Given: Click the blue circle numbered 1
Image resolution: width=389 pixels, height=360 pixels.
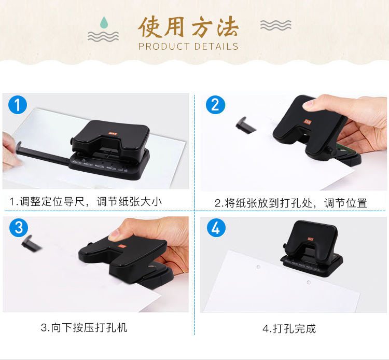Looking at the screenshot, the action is coord(18,105).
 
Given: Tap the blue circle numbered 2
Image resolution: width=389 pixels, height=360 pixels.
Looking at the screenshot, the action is coord(215,105).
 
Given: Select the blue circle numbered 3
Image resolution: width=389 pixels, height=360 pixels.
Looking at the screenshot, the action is coord(19,228).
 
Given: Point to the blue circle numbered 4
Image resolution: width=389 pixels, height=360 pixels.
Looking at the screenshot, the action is coord(216,228).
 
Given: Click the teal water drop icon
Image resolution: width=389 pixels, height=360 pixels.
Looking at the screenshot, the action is coord(104,22).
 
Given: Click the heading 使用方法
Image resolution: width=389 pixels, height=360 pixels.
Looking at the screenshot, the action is coord(188,27).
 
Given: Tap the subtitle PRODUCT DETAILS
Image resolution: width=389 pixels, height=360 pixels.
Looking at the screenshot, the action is coord(188,46).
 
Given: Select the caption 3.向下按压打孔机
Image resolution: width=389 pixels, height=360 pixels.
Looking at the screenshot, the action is coord(84,327).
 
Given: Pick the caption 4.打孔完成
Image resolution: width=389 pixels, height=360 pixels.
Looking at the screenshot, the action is coord(289,328).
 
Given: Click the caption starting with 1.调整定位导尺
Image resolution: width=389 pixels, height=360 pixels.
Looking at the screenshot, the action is coord(86,201).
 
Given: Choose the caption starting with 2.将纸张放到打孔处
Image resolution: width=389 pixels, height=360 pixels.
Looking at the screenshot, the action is coord(291,203).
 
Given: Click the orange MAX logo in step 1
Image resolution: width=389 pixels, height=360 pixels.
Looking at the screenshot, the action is coord(113,133).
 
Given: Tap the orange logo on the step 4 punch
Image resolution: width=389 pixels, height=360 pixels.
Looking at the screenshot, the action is coord(310,239).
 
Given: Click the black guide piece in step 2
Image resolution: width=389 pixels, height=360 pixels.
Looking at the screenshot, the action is coord(245,126).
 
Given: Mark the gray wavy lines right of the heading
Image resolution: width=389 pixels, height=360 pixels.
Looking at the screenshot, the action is coord(275,25).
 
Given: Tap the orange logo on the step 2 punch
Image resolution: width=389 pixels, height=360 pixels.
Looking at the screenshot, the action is coord(308,121).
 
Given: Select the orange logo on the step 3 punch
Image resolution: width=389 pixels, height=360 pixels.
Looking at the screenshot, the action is coord(122,246).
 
